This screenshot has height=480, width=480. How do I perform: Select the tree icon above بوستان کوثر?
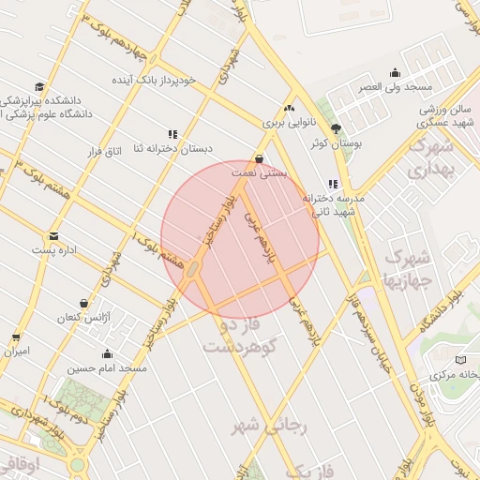(x=336, y=129)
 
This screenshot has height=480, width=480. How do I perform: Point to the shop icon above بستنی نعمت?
(x=260, y=158)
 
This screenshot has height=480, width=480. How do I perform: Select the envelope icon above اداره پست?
(x=53, y=235)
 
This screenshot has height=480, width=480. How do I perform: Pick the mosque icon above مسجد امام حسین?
(x=107, y=354)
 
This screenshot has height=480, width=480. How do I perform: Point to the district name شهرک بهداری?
(x=430, y=159)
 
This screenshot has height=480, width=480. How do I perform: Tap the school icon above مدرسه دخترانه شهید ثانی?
(x=332, y=185)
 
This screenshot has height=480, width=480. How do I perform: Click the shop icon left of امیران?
(x=15, y=337)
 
